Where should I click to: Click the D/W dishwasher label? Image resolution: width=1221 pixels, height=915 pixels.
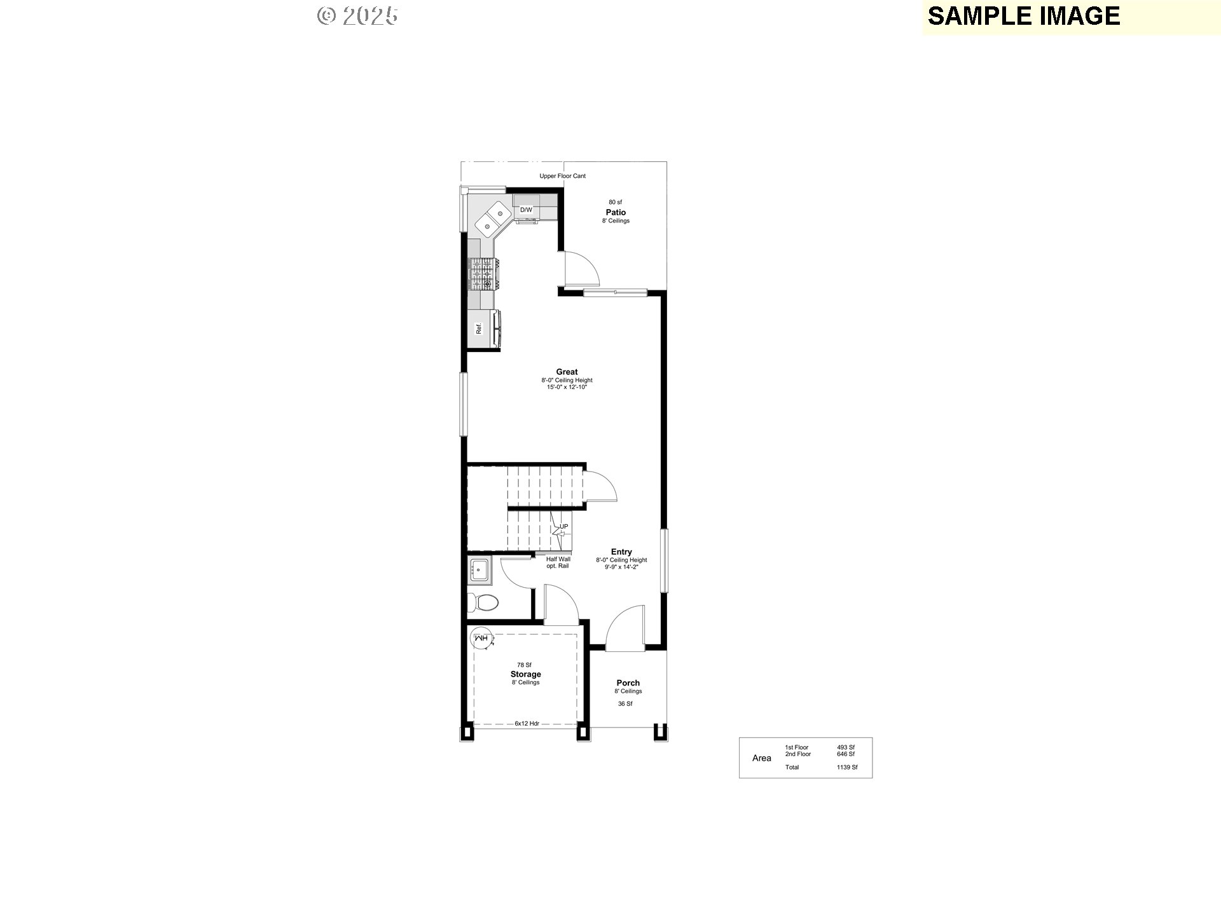point(526,210)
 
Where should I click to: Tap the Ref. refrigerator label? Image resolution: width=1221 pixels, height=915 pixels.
point(479,329)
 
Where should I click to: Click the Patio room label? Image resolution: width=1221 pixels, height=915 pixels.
point(616,212)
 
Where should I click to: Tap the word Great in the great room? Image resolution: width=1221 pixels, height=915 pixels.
point(567,372)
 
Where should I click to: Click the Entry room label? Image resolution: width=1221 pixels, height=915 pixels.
point(621,552)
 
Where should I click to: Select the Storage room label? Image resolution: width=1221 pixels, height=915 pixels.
point(525,674)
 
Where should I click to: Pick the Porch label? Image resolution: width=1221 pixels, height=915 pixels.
point(628,683)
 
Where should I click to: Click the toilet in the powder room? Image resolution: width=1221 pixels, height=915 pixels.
point(484,601)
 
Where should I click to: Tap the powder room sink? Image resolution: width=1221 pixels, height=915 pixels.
point(479,569)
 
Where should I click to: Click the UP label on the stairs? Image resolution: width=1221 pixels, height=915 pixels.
point(563,526)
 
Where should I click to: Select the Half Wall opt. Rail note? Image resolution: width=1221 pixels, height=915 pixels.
point(558,562)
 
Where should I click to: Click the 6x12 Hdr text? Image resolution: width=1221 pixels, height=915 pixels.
point(527,723)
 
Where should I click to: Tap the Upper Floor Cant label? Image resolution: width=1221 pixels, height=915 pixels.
point(563,176)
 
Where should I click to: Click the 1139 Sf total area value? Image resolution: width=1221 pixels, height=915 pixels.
point(847,767)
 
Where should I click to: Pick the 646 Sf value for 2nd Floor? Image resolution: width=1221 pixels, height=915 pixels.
point(846,754)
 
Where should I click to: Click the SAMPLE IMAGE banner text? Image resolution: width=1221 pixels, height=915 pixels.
point(1024,16)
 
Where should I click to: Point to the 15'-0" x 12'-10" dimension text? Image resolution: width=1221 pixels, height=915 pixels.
point(567,387)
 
